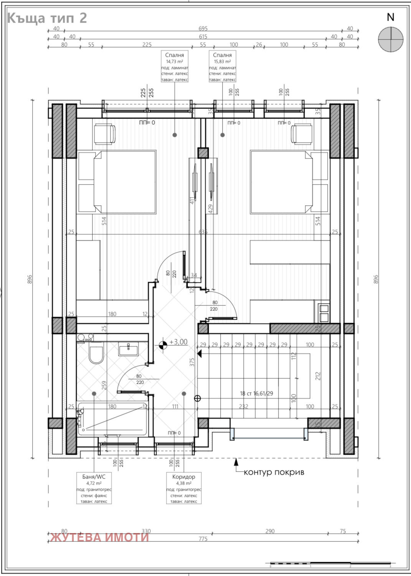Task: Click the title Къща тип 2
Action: pyautogui.click(x=47, y=18)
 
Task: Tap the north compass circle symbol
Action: pyautogui.click(x=391, y=39)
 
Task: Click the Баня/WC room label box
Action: pyautogui.click(x=94, y=489)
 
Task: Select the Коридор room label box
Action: pyautogui.click(x=183, y=489)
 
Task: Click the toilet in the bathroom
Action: pyautogui.click(x=96, y=354)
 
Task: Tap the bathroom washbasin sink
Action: pyautogui.click(x=129, y=350)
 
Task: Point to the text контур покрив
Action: pyautogui.click(x=274, y=472)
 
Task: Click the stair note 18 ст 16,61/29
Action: pyautogui.click(x=256, y=393)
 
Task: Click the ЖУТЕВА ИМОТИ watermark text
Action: pyautogui.click(x=99, y=537)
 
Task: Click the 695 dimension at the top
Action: pyautogui.click(x=203, y=28)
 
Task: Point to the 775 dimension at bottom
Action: pyautogui.click(x=203, y=539)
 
